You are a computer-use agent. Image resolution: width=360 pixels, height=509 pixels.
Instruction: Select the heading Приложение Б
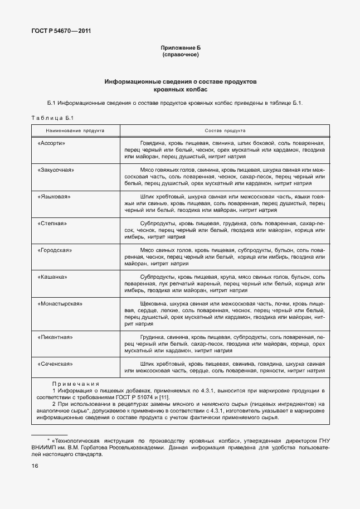pos(180,49)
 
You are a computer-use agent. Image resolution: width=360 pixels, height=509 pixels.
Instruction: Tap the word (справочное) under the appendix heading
pos(180,55)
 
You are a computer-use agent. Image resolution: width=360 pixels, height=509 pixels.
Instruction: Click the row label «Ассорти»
pos(52,143)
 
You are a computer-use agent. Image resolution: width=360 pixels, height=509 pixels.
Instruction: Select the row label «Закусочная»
pos(56,169)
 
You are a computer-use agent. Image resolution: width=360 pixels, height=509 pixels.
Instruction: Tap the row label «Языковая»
pos(53,197)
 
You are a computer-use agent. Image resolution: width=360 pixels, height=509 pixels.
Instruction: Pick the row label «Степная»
pos(52,224)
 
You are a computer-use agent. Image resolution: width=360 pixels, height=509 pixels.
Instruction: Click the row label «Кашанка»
pos(53,277)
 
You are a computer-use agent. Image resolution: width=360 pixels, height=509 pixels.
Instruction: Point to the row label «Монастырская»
pos(60,304)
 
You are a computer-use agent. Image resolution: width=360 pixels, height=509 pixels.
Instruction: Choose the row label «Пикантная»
pos(55,337)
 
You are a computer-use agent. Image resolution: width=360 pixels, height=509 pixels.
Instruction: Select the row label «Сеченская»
pos(55,364)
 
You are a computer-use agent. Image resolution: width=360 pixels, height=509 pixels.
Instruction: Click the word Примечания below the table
pos(76,384)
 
